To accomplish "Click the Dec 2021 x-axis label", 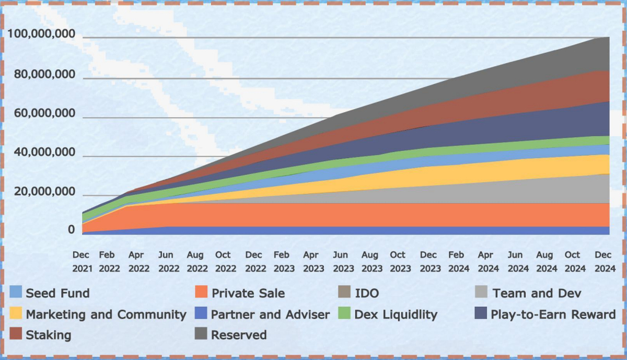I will pyautogui.click(x=81, y=261).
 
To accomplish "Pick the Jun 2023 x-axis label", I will pyautogui.click(x=340, y=261).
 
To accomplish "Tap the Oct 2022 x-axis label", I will pyautogui.click(x=223, y=261).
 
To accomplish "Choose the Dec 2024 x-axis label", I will pyautogui.click(x=603, y=261).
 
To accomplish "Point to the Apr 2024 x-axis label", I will pyautogui.click(x=485, y=261).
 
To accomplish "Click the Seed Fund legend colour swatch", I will pyautogui.click(x=16, y=293).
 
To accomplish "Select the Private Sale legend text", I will pyautogui.click(x=248, y=293).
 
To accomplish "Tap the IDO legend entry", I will pyautogui.click(x=366, y=293).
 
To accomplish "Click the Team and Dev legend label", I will pyautogui.click(x=536, y=293).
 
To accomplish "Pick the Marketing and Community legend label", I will pyautogui.click(x=106, y=314).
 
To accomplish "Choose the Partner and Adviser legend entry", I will pyautogui.click(x=270, y=314).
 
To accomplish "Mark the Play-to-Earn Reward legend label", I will pyautogui.click(x=553, y=314).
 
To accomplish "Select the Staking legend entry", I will pyautogui.click(x=48, y=334).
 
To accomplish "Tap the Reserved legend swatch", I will pyautogui.click(x=201, y=334).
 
